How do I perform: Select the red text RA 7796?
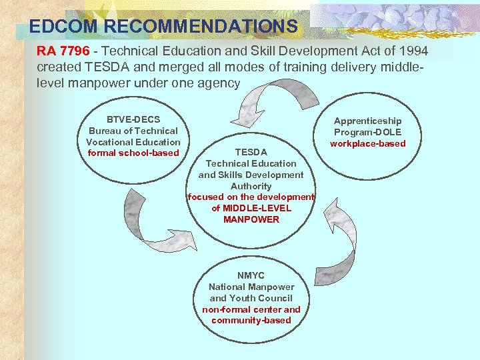(x=63, y=51)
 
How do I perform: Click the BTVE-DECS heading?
(x=133, y=119)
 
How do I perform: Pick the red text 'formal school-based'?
(x=133, y=153)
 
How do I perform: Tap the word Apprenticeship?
(x=367, y=121)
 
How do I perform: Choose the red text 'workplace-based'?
(x=367, y=143)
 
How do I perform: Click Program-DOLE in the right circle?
(x=367, y=132)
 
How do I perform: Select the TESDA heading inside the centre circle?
(x=251, y=152)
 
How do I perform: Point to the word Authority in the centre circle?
(x=251, y=186)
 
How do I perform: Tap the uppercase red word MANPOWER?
(x=251, y=219)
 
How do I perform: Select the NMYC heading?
(x=251, y=275)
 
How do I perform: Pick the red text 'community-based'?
(x=251, y=321)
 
